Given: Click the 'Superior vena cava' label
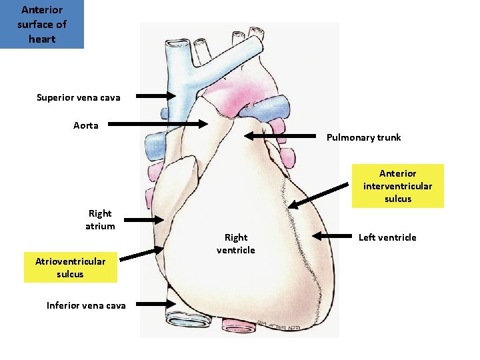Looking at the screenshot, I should click(x=79, y=98).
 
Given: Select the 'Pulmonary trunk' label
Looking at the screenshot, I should click(x=363, y=137).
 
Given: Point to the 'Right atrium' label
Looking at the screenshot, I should click(x=100, y=219).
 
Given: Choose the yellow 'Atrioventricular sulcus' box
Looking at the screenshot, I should click(x=70, y=267).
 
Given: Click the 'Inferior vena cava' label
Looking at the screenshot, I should click(x=86, y=305).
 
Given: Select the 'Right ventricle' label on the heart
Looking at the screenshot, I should click(x=235, y=243).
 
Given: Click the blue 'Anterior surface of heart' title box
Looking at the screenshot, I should click(x=42, y=25).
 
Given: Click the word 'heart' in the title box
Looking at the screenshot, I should click(x=42, y=39).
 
